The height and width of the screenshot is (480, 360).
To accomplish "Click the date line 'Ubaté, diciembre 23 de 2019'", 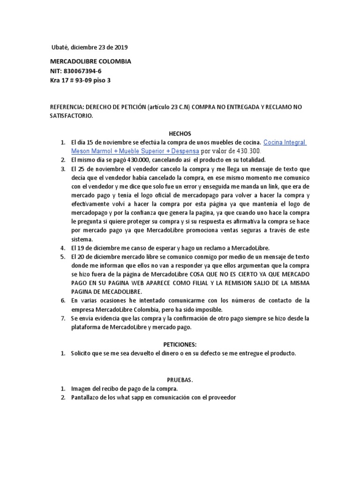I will pos(89,47).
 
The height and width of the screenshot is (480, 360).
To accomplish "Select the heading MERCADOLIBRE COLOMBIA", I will pos(90,62).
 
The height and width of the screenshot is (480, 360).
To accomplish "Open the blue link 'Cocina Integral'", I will pos(285,142).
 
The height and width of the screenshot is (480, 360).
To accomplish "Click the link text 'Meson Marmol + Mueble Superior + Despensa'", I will pos(135,151).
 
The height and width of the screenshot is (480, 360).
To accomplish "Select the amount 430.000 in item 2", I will pos(139,160).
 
